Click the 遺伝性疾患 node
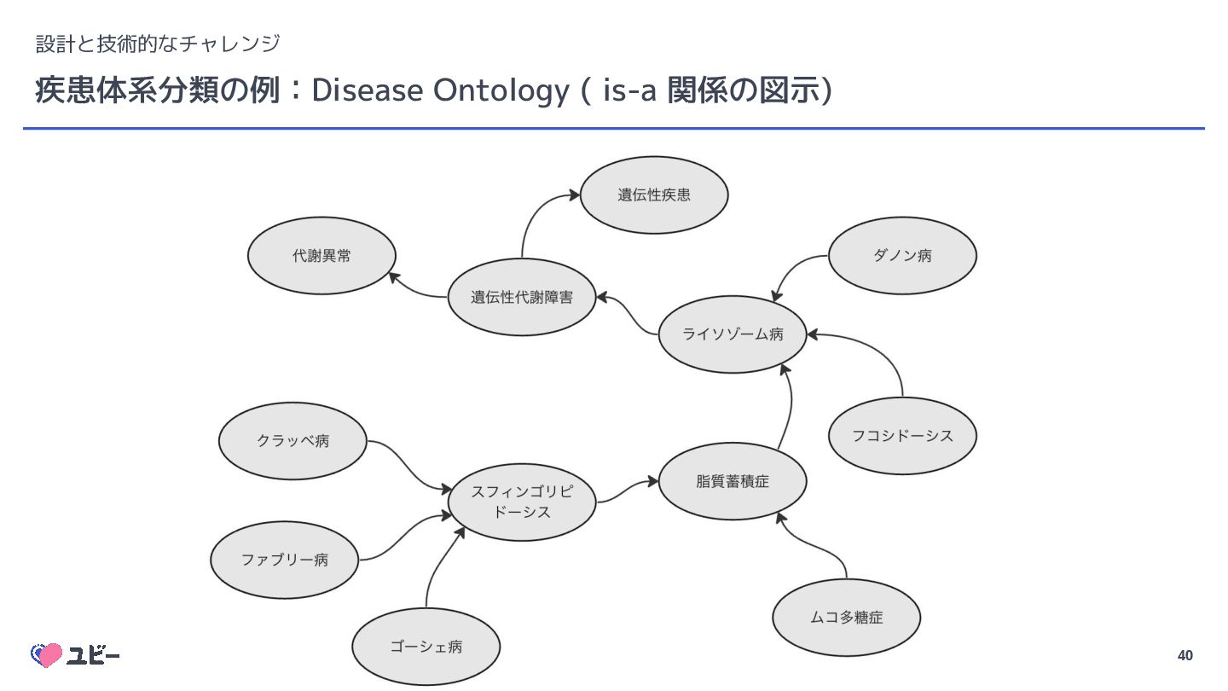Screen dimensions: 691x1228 tap(654, 195)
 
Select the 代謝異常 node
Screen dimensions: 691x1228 tap(321, 256)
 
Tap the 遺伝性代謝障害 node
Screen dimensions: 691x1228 tap(522, 297)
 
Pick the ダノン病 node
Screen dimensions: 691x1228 tap(902, 255)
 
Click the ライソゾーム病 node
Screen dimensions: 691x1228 tap(733, 334)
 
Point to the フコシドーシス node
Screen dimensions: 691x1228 tap(902, 436)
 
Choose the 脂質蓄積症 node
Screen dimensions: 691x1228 tap(733, 481)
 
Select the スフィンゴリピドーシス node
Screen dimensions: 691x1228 tap(522, 502)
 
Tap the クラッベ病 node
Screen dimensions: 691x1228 tap(293, 441)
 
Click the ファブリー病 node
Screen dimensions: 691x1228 tap(284, 560)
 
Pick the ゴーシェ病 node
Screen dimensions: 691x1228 tap(426, 647)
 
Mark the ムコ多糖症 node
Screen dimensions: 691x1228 tap(846, 618)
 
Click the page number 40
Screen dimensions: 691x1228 tap(1185, 655)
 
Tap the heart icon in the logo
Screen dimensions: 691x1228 tap(47, 655)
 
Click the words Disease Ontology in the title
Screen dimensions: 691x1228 tap(439, 90)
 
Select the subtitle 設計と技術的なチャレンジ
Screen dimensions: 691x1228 tap(158, 42)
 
